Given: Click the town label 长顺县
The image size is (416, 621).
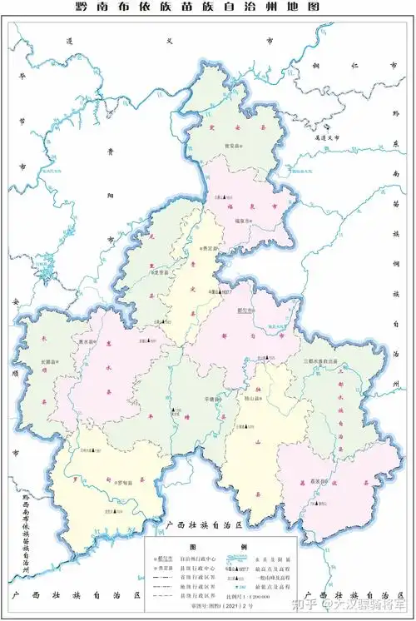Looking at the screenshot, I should pos(48,363).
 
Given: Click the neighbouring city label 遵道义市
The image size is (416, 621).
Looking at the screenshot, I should pos(319,138).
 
